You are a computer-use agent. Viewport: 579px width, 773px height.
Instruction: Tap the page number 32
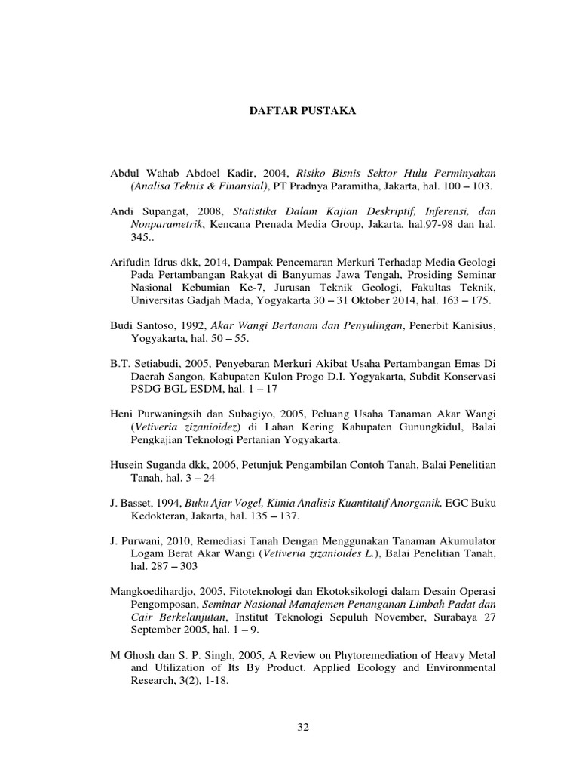(x=304, y=727)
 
